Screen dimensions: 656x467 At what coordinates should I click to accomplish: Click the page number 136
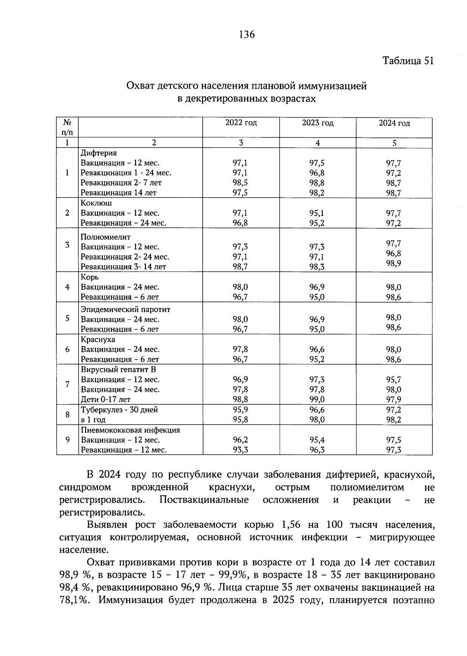(247, 35)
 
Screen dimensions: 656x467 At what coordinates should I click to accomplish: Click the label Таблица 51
(407, 61)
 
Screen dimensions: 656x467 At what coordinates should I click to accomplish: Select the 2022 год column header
(241, 123)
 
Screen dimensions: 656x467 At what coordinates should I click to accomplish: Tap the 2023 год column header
(318, 123)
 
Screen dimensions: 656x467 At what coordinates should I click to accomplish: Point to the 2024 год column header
(394, 123)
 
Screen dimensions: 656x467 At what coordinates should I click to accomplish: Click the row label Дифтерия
(98, 153)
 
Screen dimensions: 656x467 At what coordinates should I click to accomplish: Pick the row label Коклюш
(96, 203)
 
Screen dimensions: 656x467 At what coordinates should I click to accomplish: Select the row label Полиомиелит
(105, 237)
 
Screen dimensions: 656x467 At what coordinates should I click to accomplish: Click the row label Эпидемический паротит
(125, 309)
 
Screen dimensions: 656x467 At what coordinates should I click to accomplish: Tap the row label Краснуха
(98, 339)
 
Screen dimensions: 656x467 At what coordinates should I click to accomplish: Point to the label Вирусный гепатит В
(118, 370)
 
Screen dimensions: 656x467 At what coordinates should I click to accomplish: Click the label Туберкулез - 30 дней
(119, 410)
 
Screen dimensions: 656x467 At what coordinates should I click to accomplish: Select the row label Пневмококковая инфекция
(130, 430)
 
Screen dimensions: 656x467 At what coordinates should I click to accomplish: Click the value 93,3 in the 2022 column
(240, 450)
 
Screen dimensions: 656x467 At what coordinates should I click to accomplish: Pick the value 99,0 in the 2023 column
(317, 400)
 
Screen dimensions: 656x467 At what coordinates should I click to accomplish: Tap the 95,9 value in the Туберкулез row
(240, 410)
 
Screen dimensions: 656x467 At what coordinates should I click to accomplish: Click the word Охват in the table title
(141, 86)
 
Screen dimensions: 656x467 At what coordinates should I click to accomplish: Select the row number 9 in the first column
(67, 440)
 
